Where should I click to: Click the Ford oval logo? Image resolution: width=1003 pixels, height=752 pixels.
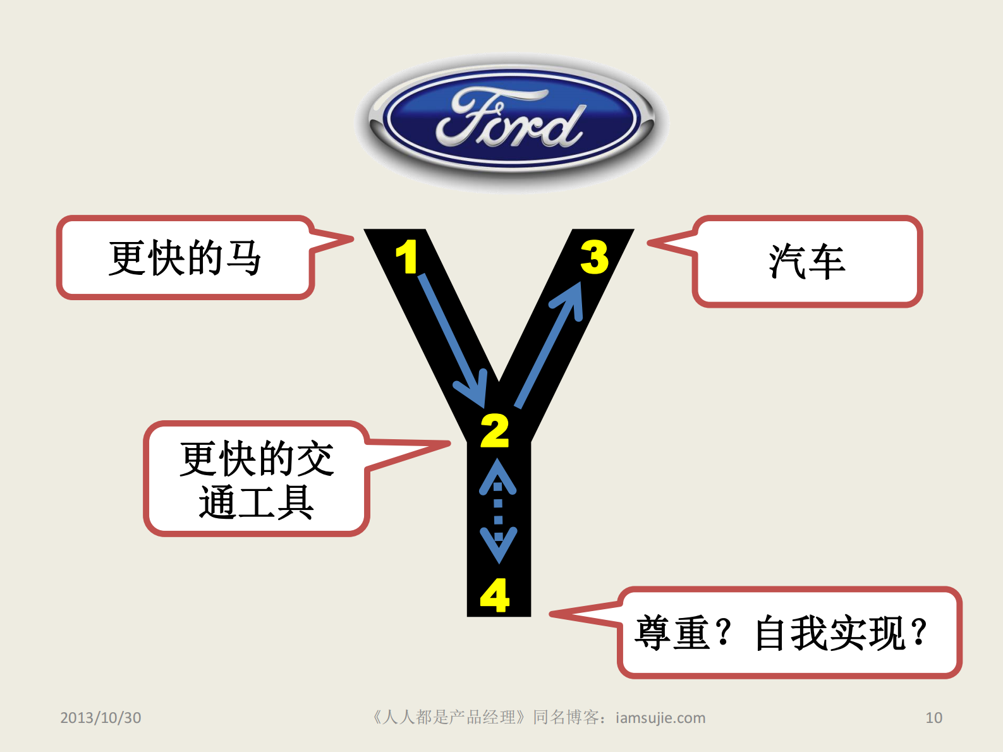[x=511, y=120]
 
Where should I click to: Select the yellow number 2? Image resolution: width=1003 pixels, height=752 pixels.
[x=495, y=431]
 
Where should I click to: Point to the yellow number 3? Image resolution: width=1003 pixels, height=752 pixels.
[x=594, y=257]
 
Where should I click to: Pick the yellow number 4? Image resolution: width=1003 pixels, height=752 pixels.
[x=495, y=595]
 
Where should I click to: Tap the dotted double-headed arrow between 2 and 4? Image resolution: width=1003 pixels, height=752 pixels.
[x=498, y=511]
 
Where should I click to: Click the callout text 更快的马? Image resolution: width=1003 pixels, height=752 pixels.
[x=185, y=258]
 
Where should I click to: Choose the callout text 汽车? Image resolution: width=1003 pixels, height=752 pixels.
[x=807, y=262]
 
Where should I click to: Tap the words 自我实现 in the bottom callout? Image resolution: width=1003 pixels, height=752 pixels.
[x=830, y=633]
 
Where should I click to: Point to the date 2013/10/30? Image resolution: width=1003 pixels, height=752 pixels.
[x=100, y=718]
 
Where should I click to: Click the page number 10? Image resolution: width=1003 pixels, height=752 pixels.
[x=933, y=718]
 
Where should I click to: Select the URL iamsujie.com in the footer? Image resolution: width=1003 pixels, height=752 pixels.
[x=660, y=718]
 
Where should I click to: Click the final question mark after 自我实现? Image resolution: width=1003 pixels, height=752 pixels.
[x=920, y=633]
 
